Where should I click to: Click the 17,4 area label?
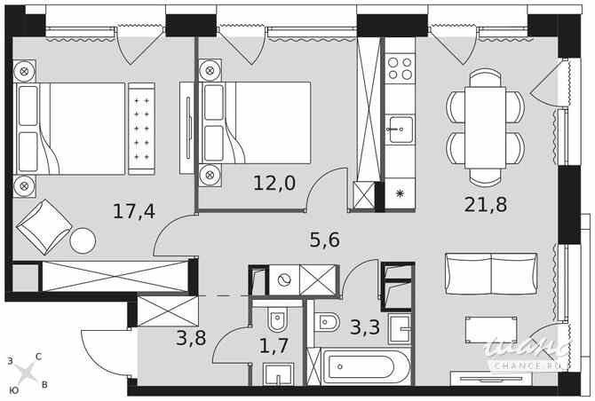coord(134,211)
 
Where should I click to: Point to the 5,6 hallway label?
coord(324,239)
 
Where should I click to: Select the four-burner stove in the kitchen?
coord(401,68)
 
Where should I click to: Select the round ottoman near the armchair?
coord(83,240)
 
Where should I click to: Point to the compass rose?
coord(26,373)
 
